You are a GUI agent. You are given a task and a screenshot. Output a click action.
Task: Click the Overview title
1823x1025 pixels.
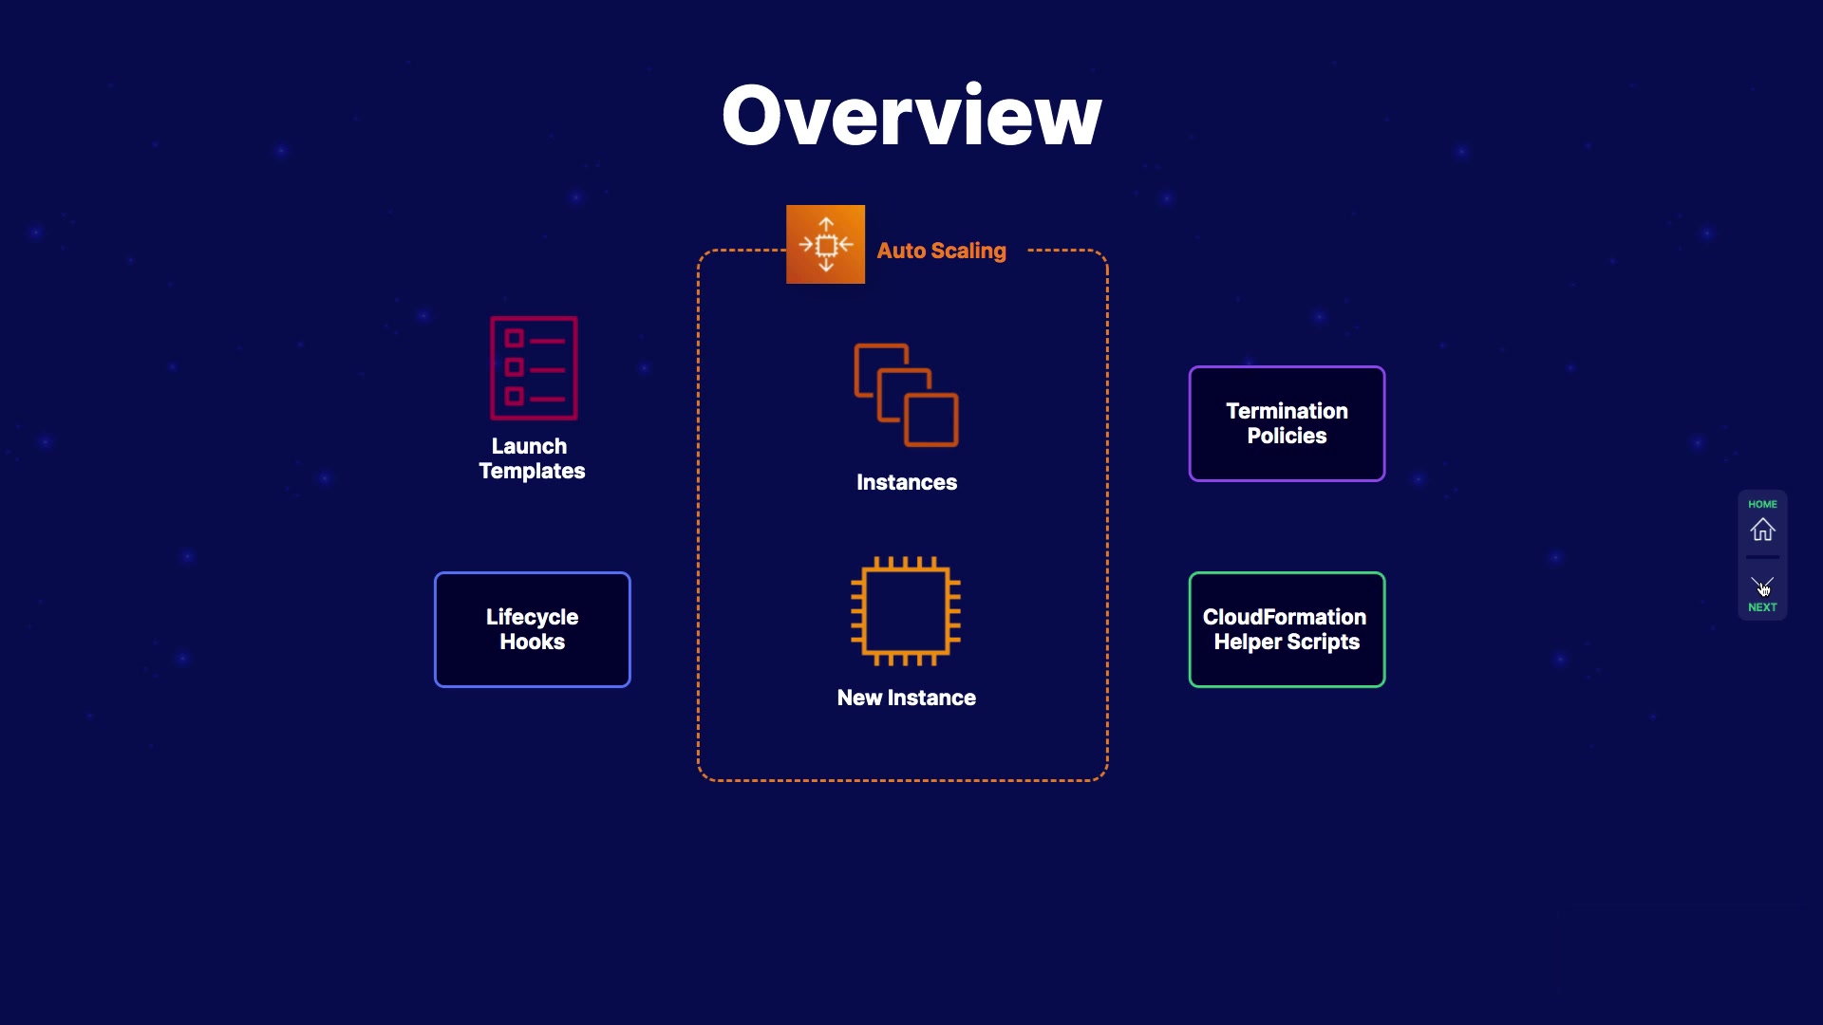click(x=911, y=116)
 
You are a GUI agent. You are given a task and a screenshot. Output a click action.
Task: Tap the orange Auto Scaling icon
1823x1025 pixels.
click(x=825, y=244)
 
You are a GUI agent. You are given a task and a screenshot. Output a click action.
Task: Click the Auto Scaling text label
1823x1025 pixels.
click(x=941, y=251)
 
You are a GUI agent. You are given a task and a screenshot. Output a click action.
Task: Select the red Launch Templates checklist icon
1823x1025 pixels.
click(x=534, y=368)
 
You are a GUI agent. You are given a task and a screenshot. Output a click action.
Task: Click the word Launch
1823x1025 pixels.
click(x=529, y=446)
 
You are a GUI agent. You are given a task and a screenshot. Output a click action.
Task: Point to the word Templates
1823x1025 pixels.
click(x=532, y=472)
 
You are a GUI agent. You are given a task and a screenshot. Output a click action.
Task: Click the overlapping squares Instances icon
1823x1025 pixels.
click(x=906, y=395)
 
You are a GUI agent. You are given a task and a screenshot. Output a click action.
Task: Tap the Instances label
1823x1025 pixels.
click(x=907, y=482)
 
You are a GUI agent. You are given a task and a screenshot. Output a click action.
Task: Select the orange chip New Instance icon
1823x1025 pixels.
click(x=906, y=611)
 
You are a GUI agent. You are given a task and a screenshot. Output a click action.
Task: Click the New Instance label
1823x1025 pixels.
click(x=907, y=698)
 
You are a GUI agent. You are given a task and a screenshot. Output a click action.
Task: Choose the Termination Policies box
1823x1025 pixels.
click(x=1287, y=423)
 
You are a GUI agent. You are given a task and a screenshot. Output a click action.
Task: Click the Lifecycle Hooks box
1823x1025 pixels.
click(x=533, y=629)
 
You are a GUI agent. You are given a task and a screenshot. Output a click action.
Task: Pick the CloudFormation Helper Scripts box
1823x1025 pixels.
click(x=1287, y=629)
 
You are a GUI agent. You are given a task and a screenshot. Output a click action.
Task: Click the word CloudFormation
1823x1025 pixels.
click(x=1285, y=617)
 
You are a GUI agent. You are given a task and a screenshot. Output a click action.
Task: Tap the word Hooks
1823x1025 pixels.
click(x=533, y=643)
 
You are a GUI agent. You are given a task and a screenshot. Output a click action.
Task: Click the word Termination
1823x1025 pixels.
click(x=1287, y=411)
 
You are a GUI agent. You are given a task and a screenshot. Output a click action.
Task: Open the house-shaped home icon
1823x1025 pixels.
click(x=1762, y=530)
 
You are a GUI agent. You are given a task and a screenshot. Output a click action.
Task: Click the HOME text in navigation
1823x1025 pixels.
click(x=1762, y=504)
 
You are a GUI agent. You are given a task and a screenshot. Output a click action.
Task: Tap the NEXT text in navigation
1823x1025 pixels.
click(x=1762, y=607)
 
